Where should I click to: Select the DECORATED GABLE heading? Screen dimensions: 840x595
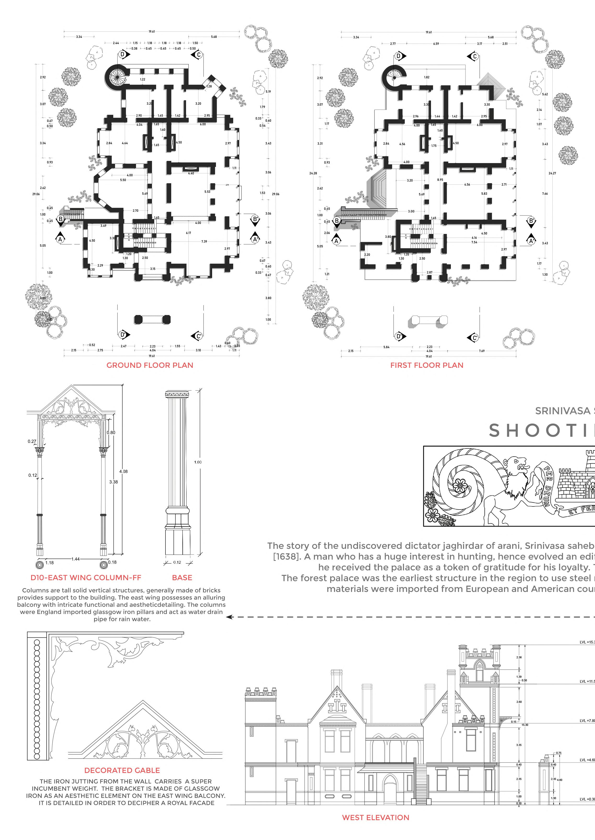pyautogui.click(x=122, y=770)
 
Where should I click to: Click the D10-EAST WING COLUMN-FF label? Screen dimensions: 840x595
pyautogui.click(x=86, y=578)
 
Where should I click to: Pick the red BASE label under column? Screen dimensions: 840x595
pyautogui.click(x=182, y=578)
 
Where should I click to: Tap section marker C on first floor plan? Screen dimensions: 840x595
pyautogui.click(x=475, y=57)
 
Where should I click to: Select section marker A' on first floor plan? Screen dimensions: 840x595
pyautogui.click(x=531, y=241)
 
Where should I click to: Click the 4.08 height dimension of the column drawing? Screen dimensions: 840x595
pyautogui.click(x=124, y=471)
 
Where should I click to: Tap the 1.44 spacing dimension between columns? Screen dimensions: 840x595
pyautogui.click(x=75, y=559)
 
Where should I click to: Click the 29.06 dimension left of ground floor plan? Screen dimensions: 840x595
pyautogui.click(x=36, y=194)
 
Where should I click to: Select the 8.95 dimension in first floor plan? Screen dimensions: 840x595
pyautogui.click(x=440, y=180)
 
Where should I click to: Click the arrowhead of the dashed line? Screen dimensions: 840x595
pyautogui.click(x=229, y=617)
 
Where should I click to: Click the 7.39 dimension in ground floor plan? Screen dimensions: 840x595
pyautogui.click(x=204, y=241)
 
